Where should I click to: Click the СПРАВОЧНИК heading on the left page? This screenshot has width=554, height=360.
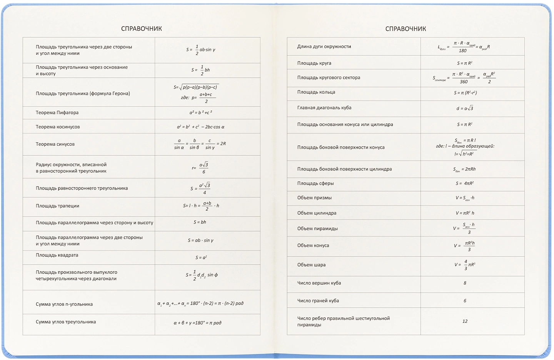pyautogui.click(x=141, y=29)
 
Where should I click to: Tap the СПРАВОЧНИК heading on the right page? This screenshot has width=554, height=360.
pyautogui.click(x=405, y=29)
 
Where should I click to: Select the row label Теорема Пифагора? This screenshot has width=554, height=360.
pyautogui.click(x=57, y=113)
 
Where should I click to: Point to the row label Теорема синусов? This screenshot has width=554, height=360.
pyautogui.click(x=55, y=144)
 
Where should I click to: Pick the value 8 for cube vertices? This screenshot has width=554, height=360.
pyautogui.click(x=465, y=283)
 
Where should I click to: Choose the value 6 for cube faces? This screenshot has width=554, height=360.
pyautogui.click(x=465, y=301)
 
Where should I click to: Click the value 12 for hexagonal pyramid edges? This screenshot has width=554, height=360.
pyautogui.click(x=465, y=321)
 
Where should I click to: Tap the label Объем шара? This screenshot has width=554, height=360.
pyautogui.click(x=311, y=265)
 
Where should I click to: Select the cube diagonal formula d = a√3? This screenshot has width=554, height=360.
pyautogui.click(x=465, y=108)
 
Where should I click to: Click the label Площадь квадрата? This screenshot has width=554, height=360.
pyautogui.click(x=57, y=255)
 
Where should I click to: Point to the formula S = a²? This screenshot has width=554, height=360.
pyautogui.click(x=201, y=257)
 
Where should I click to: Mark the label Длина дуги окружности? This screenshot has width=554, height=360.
pyautogui.click(x=324, y=47)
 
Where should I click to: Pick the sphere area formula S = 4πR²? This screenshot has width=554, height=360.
pyautogui.click(x=465, y=183)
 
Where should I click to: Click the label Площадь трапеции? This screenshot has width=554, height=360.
pyautogui.click(x=57, y=206)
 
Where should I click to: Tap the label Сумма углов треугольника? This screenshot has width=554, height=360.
pyautogui.click(x=66, y=322)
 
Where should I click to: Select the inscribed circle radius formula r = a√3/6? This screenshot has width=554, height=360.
pyautogui.click(x=201, y=168)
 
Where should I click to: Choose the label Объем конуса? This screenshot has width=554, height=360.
pyautogui.click(x=313, y=245)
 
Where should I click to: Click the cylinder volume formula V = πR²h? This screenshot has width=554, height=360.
pyautogui.click(x=465, y=213)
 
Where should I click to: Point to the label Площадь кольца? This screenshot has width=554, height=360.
pyautogui.click(x=316, y=92)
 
